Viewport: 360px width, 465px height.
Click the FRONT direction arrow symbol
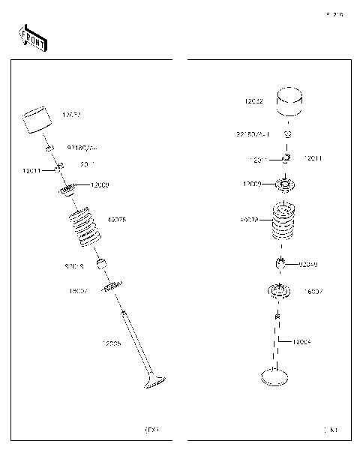click(33, 38)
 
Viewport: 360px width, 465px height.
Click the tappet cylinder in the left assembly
click(35, 121)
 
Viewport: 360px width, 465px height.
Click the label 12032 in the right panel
click(253, 100)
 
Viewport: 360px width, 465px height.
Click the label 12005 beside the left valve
click(112, 343)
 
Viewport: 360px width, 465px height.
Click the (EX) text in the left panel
click(151, 430)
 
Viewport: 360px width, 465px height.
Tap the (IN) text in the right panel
click(330, 430)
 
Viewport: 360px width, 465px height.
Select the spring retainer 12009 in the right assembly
click(286, 183)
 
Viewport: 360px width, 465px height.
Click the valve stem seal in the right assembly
click(280, 262)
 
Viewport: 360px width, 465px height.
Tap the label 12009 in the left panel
click(100, 184)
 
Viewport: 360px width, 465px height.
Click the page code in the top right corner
click(334, 14)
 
